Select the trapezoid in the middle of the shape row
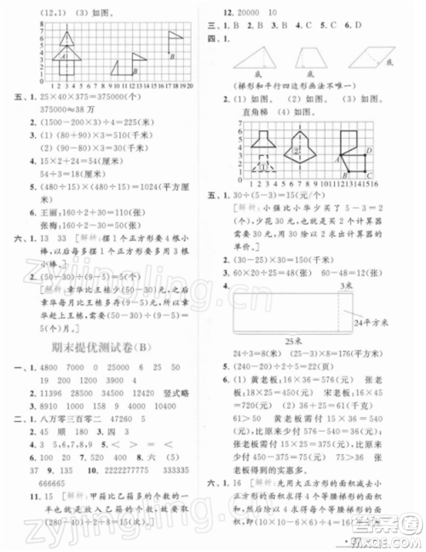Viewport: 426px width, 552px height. [315, 60]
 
